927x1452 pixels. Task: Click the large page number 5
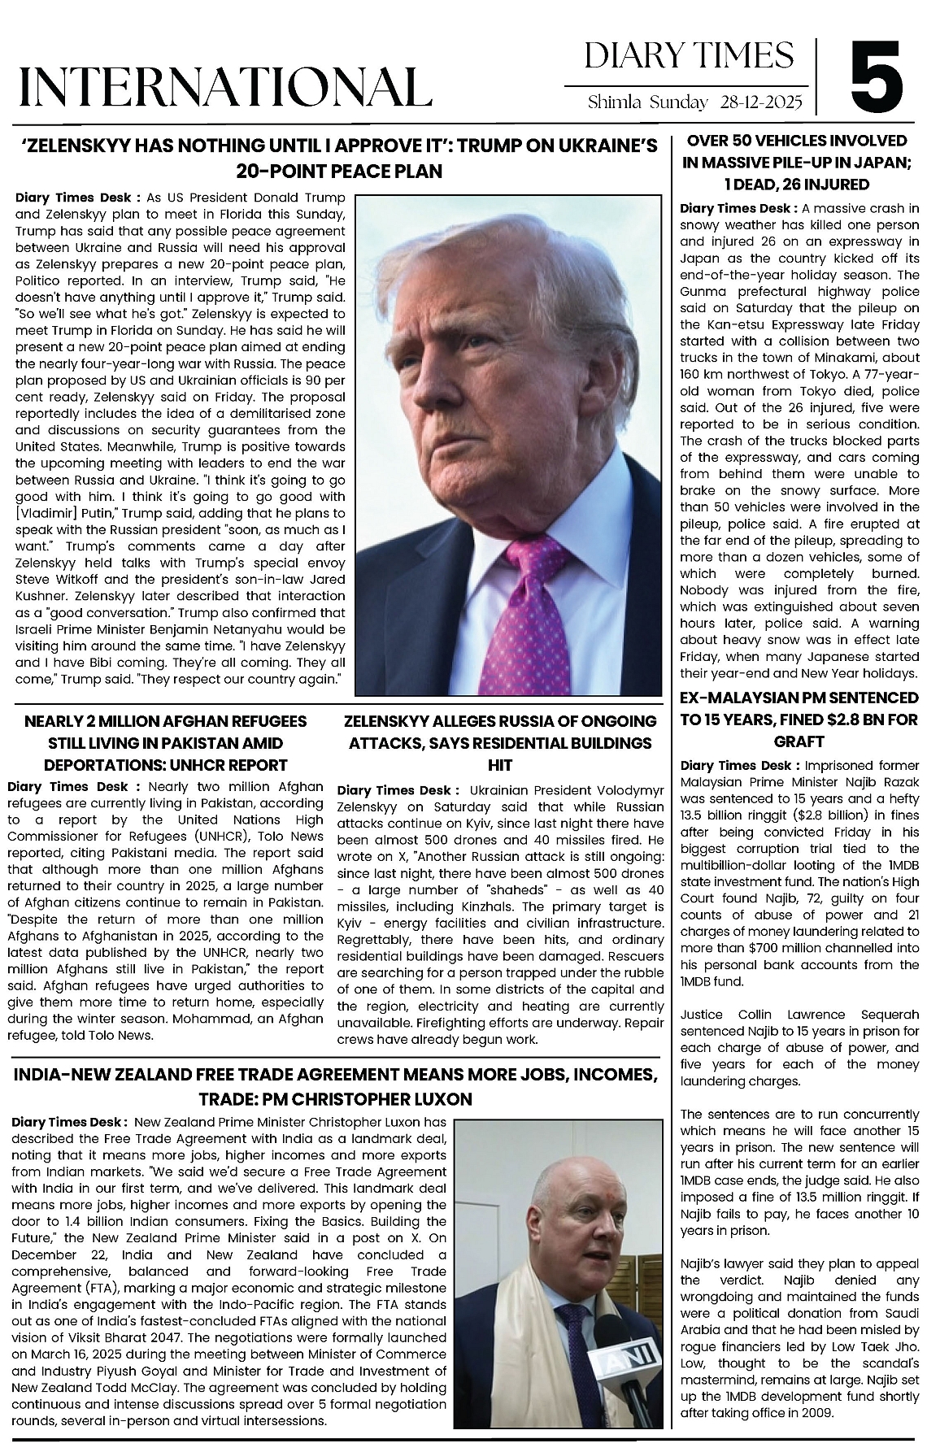(x=877, y=79)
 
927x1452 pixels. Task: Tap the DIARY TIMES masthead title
(x=689, y=56)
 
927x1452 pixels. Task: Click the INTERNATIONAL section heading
(x=225, y=86)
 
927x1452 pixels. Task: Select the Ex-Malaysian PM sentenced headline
(x=799, y=719)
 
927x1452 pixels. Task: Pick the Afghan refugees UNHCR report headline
(x=165, y=743)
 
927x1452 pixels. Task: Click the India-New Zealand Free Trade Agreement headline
(x=335, y=1087)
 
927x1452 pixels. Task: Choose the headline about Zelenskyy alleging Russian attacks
(x=499, y=743)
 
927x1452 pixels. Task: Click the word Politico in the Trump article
(x=41, y=279)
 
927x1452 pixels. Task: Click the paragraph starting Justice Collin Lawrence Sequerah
(x=799, y=1048)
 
